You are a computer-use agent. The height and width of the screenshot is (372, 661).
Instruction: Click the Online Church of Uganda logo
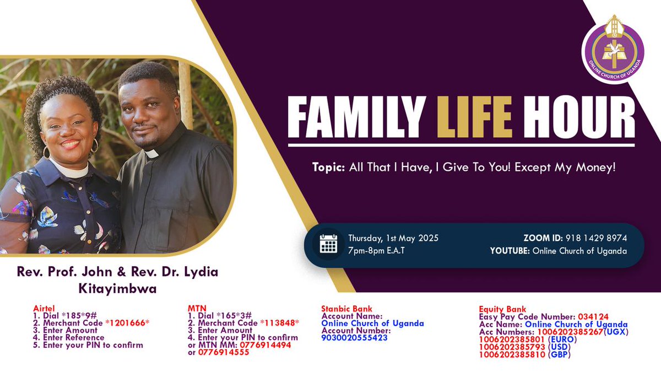click(614, 53)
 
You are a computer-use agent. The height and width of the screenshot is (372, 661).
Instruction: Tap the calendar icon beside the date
click(328, 245)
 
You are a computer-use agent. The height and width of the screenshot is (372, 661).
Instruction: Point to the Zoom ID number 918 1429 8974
click(595, 238)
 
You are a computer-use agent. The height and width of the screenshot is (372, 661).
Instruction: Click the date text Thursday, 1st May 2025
click(393, 238)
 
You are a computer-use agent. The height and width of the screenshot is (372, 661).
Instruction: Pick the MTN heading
click(197, 309)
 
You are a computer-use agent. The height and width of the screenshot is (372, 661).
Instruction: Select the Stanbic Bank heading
click(346, 309)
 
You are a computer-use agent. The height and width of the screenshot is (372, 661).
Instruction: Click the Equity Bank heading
click(502, 309)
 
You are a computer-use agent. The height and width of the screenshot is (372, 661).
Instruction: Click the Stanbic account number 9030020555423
click(354, 338)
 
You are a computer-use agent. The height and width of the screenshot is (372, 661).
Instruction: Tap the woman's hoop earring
click(94, 145)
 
